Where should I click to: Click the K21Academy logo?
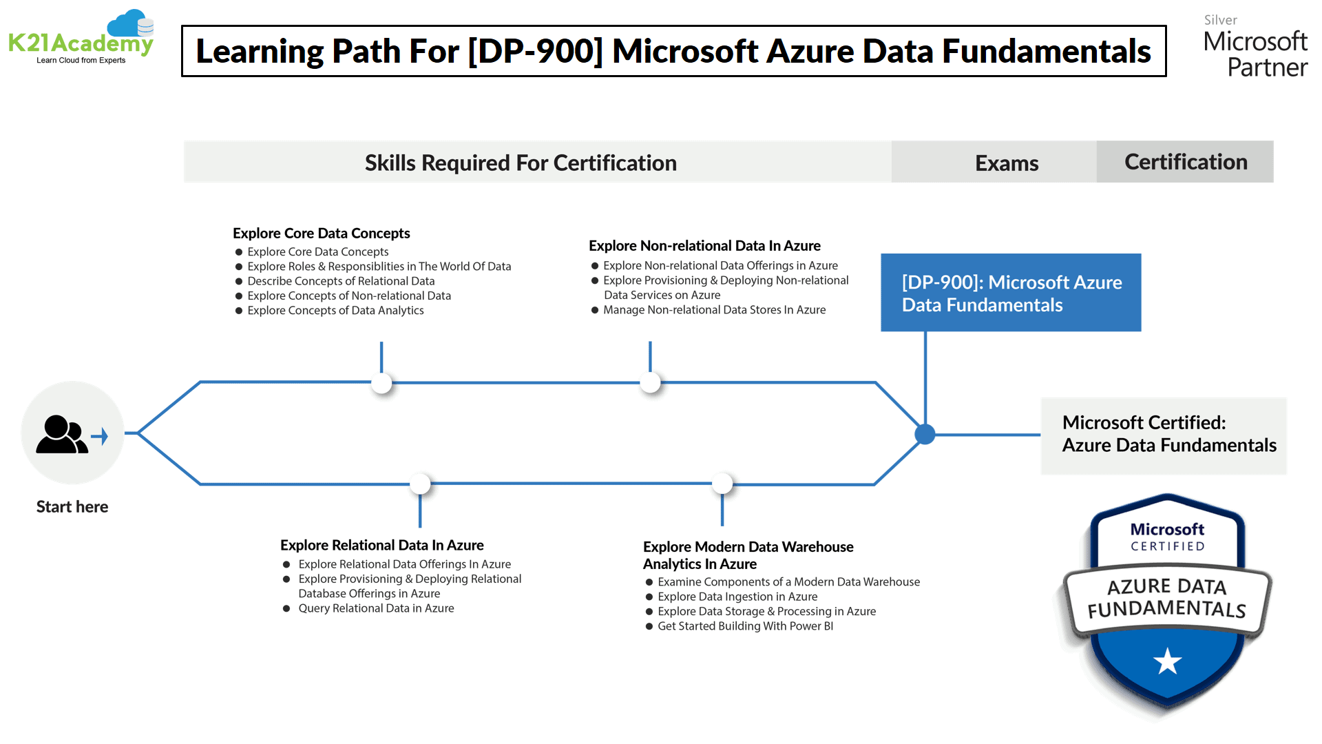point(81,39)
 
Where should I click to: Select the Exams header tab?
point(1006,163)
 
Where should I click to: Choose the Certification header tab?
point(1185,162)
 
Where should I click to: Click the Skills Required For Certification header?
point(521,163)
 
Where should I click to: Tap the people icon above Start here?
point(63,435)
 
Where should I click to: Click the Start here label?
point(72,506)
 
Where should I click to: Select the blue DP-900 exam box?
point(1010,293)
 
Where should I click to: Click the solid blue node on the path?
point(925,434)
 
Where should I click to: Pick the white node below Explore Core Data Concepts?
point(381,383)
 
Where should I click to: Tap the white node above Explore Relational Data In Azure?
point(420,484)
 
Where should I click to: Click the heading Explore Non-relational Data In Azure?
point(704,246)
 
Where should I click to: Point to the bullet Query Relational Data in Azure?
point(376,608)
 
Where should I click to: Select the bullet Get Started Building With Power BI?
point(745,626)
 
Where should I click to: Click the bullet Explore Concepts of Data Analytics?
point(335,311)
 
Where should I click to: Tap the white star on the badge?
point(1167,661)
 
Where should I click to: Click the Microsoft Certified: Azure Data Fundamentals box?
point(1164,435)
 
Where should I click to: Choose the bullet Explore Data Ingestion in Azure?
point(737,597)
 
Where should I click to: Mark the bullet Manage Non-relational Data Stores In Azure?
point(714,310)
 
